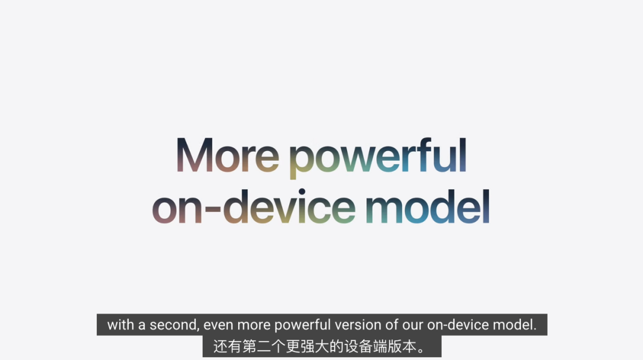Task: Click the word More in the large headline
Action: pyautogui.click(x=227, y=155)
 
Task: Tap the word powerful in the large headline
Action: pyautogui.click(x=378, y=158)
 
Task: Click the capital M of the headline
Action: pyautogui.click(x=194, y=155)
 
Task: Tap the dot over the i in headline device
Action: pyautogui.click(x=302, y=192)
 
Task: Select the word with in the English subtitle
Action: pyautogui.click(x=120, y=325)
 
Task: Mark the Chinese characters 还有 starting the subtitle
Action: pyautogui.click(x=227, y=347)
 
